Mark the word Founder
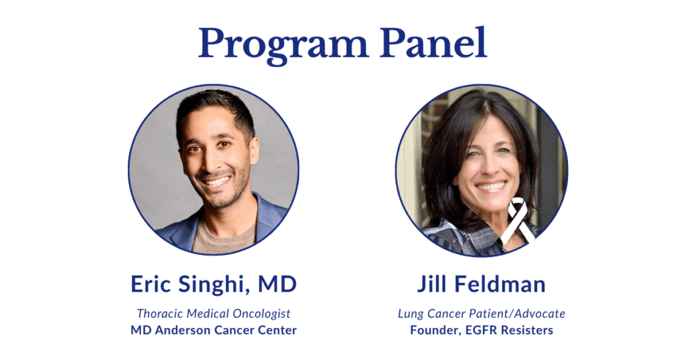(433, 330)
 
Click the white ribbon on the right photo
(520, 221)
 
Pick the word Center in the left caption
(279, 330)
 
